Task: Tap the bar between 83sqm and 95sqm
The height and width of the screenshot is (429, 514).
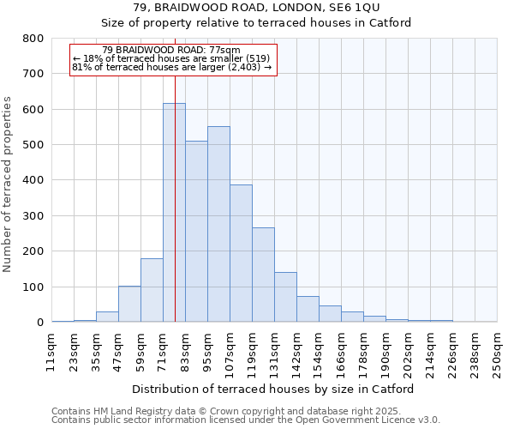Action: click(196, 232)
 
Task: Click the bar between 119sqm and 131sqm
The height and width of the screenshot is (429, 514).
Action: click(263, 275)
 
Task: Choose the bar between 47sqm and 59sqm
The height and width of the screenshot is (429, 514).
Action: click(129, 304)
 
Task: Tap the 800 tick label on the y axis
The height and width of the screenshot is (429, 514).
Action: click(33, 39)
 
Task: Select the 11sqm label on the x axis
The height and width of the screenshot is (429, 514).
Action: click(51, 351)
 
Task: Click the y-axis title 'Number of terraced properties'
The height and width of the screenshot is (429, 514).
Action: click(9, 184)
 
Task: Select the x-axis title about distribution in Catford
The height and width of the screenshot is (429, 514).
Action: click(273, 389)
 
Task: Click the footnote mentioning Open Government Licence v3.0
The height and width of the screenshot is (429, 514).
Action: click(246, 420)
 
